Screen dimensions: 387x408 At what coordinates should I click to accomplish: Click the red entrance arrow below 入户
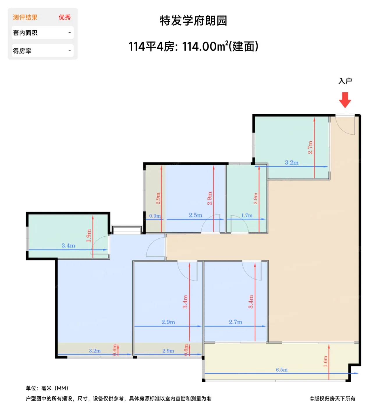(345, 100)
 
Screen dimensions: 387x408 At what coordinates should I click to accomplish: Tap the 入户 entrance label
(345, 81)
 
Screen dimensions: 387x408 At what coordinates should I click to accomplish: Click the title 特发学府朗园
(193, 21)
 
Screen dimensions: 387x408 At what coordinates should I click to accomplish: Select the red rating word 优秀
(65, 17)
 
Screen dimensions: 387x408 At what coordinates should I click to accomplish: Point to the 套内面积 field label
(25, 33)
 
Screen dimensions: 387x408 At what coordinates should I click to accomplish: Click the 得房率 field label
(22, 51)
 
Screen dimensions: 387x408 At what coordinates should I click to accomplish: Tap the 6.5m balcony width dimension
(281, 370)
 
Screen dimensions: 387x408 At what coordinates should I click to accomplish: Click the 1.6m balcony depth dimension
(325, 361)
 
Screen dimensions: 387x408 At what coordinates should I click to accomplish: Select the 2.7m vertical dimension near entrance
(310, 147)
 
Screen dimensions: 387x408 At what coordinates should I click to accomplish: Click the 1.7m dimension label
(246, 215)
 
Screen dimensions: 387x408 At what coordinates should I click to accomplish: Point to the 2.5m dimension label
(195, 215)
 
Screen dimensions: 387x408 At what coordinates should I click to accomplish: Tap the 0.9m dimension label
(155, 216)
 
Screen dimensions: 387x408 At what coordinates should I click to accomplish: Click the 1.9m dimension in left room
(89, 235)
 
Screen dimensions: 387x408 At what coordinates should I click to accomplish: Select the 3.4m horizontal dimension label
(68, 245)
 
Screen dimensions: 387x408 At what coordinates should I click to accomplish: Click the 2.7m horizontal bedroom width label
(235, 322)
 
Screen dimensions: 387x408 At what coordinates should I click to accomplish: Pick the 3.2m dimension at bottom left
(95, 351)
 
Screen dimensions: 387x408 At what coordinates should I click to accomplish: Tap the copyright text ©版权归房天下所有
(332, 398)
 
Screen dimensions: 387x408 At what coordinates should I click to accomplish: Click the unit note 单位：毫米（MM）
(47, 388)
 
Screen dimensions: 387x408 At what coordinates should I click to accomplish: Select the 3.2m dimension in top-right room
(292, 163)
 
